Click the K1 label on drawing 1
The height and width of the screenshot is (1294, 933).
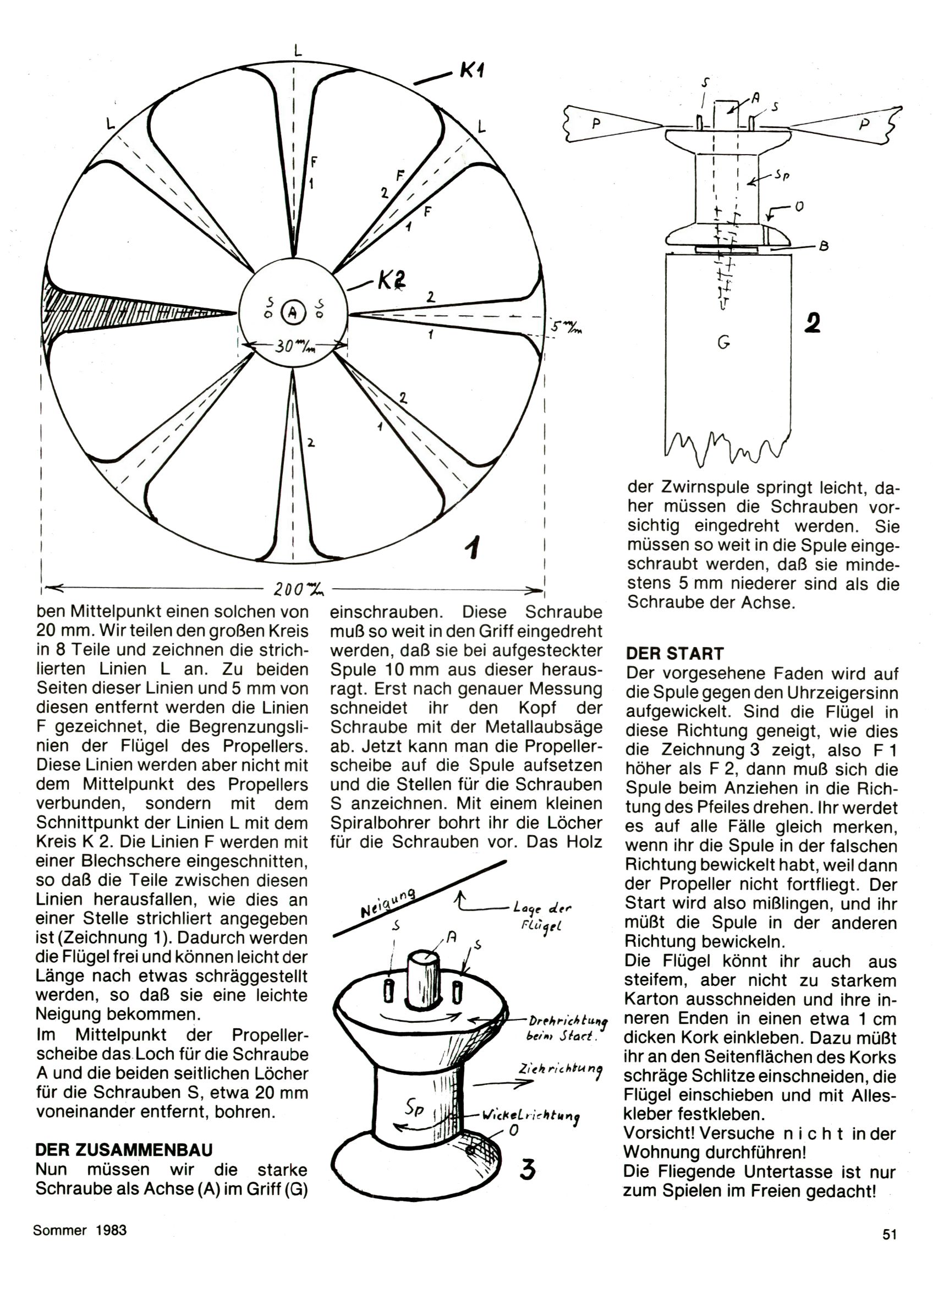point(471,72)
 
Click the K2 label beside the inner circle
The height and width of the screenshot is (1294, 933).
point(391,280)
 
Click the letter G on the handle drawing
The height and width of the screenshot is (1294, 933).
point(723,343)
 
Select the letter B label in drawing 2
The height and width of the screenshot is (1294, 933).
point(824,246)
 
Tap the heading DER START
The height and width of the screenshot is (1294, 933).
point(674,653)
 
